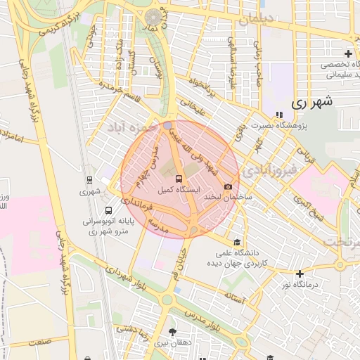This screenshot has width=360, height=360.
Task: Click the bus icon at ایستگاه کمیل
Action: (178, 179)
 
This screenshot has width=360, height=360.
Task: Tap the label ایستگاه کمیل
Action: (177, 190)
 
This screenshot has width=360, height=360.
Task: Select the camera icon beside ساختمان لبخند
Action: (228, 186)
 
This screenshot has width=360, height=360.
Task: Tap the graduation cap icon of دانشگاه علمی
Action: (236, 241)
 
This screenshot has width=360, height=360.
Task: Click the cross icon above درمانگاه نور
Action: (300, 274)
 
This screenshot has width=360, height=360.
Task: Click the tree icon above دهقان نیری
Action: (172, 332)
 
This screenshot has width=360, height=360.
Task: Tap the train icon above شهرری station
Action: (89, 179)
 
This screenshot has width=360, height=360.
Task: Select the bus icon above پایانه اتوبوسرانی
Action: (108, 210)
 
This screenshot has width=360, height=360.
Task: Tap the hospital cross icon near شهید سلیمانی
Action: (349, 54)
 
